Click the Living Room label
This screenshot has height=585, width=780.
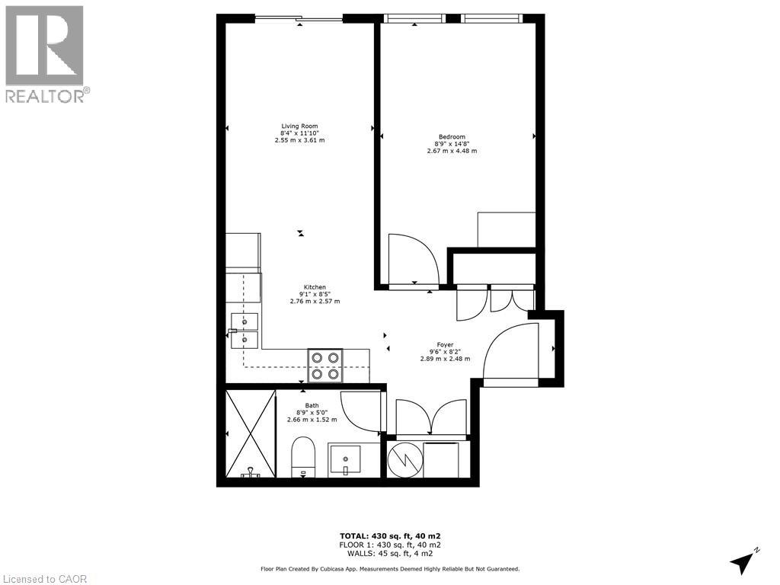click(299, 126)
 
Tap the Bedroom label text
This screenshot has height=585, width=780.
click(452, 136)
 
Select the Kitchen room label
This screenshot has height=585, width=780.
click(315, 287)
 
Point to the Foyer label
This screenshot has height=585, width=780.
click(445, 344)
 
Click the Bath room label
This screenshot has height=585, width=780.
click(312, 405)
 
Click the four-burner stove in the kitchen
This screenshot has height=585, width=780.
click(325, 365)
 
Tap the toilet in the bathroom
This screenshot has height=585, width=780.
click(303, 456)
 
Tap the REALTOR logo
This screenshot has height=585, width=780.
click(45, 53)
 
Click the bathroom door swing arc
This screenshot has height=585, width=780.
click(361, 411)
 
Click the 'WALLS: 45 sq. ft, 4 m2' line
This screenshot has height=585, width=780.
click(390, 555)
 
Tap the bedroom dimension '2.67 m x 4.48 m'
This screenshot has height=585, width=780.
click(452, 151)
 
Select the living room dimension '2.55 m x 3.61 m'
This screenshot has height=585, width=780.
click(299, 141)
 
